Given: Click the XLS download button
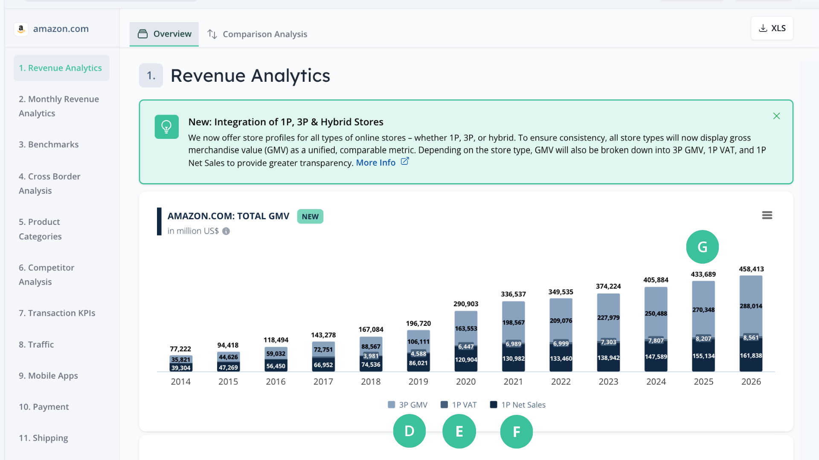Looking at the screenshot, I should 772,28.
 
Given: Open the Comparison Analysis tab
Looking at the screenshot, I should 257,34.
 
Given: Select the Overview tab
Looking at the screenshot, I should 164,34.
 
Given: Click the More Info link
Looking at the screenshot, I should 376,163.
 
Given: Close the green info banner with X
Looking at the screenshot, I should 776,116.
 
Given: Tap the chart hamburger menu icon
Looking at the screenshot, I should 767,215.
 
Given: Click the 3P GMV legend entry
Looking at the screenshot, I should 408,405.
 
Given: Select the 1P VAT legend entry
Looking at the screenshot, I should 459,405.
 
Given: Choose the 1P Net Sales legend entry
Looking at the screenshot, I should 518,405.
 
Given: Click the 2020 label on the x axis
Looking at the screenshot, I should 466,382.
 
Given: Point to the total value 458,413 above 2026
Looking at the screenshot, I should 751,269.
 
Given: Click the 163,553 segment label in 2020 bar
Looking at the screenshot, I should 466,328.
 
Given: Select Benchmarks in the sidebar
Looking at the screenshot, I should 49,144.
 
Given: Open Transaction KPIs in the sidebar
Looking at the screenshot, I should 57,313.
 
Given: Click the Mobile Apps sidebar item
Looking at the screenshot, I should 48,376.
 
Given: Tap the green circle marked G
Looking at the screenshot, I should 702,247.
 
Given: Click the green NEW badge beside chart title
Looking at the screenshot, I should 310,216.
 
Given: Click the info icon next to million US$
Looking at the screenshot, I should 226,231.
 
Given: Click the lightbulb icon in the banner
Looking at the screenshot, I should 166,126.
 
